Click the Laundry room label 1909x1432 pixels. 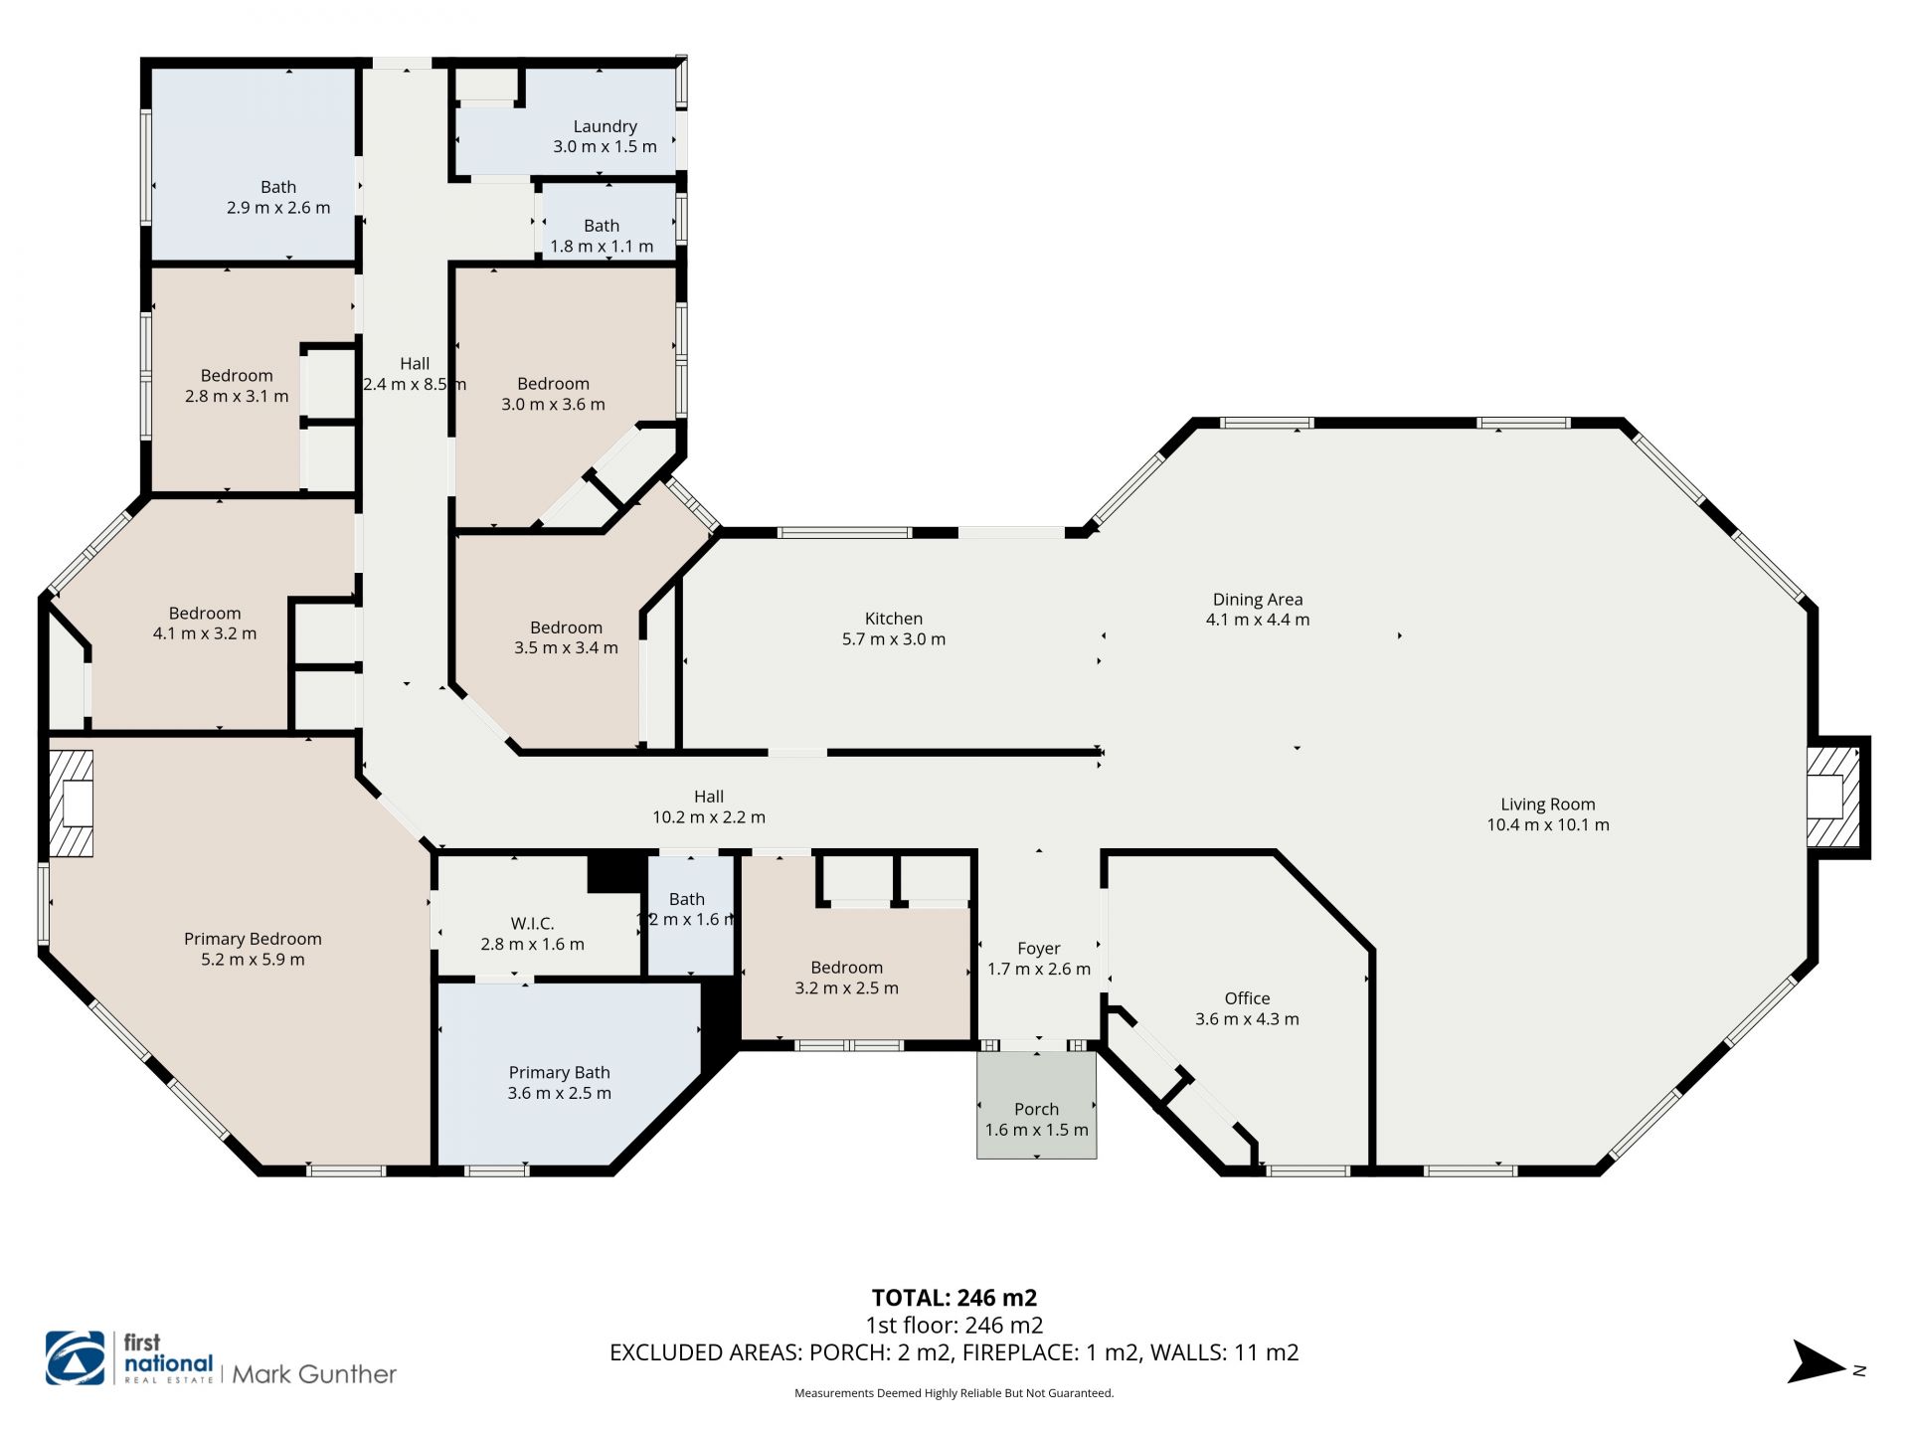605,126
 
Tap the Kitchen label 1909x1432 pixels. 894,619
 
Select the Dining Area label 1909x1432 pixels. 1258,600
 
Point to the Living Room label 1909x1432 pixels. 1548,805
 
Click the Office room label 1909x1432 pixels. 1247,998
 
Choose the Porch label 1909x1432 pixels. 1036,1109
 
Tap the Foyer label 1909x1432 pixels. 1039,949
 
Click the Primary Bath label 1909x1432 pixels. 559,1073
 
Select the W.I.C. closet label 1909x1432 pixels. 532,924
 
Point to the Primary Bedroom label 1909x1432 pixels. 253,939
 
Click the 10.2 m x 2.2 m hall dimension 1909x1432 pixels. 709,817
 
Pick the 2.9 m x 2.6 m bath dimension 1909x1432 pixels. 278,208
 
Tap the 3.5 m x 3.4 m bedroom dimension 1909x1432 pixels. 566,648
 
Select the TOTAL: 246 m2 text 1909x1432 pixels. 954,1298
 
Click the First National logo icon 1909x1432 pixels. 76,1358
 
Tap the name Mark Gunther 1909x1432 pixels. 314,1374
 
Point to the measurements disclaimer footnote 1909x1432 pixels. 954,1393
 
